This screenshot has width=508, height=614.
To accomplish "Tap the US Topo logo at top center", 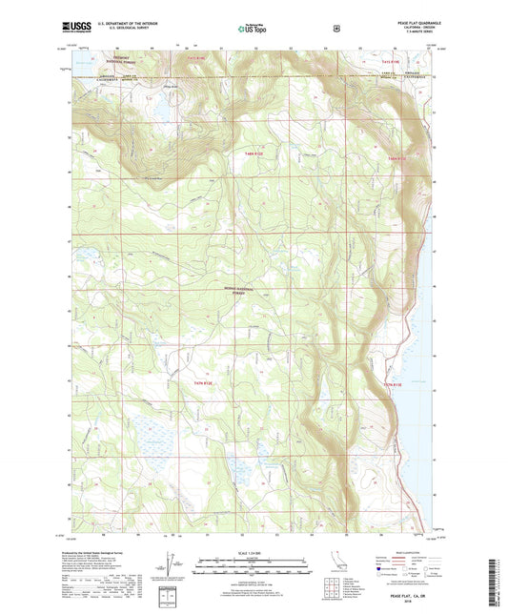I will pos(253,29).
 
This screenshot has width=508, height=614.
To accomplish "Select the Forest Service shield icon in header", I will pos(335,28).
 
